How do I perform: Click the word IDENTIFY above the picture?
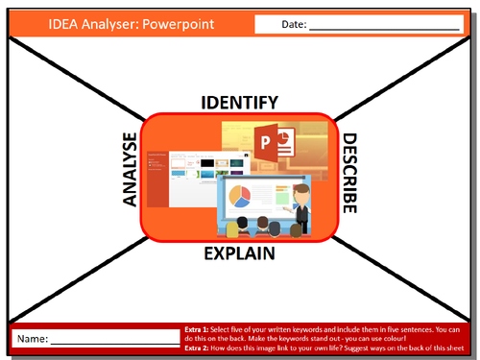coord(239,102)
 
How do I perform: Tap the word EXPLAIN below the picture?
coord(239,254)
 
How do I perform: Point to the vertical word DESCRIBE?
coord(349,174)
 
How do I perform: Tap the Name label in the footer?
coord(31,339)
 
